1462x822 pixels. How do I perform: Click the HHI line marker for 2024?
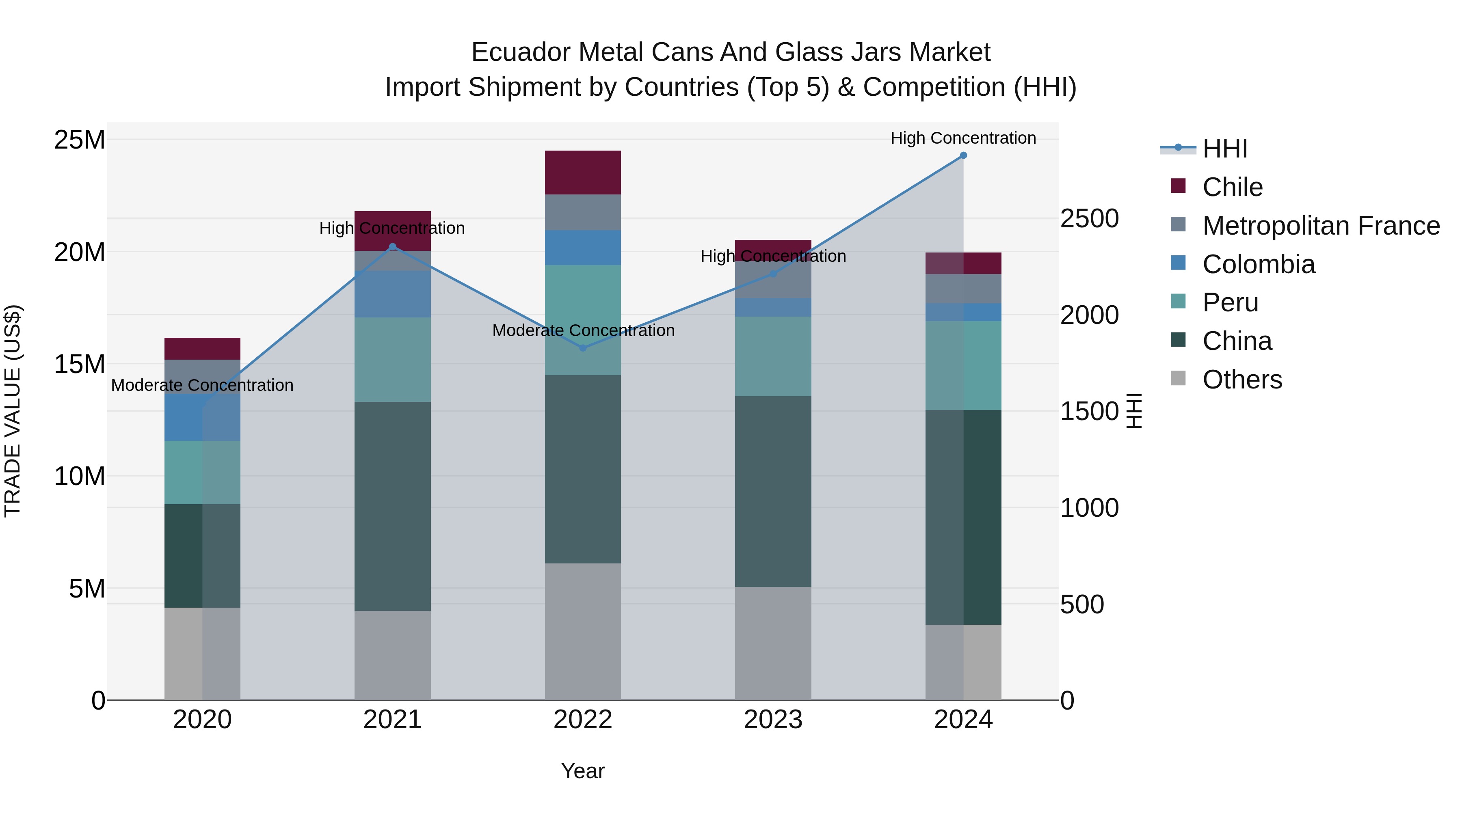pyautogui.click(x=963, y=155)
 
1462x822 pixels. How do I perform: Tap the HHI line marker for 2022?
pyautogui.click(x=583, y=348)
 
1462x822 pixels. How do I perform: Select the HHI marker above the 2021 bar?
pyautogui.click(x=392, y=247)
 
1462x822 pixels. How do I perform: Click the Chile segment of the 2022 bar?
pyautogui.click(x=583, y=173)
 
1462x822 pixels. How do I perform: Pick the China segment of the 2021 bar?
pyautogui.click(x=392, y=506)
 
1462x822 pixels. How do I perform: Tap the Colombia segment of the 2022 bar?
pyautogui.click(x=583, y=247)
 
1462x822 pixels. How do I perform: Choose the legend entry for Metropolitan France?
pyautogui.click(x=1321, y=226)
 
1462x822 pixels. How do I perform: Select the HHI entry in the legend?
pyautogui.click(x=1225, y=149)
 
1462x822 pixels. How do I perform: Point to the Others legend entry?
pyautogui.click(x=1242, y=380)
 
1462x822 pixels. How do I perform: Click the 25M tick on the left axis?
pyautogui.click(x=80, y=140)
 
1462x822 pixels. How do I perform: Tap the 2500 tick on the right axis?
pyautogui.click(x=1089, y=219)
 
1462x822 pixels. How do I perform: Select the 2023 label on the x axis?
pyautogui.click(x=773, y=720)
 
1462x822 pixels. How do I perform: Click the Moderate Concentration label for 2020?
pyautogui.click(x=202, y=385)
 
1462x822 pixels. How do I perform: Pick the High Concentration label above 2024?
pyautogui.click(x=963, y=138)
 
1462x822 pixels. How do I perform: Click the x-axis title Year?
pyautogui.click(x=583, y=771)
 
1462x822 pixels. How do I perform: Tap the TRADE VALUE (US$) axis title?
pyautogui.click(x=13, y=411)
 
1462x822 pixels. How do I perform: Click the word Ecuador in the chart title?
pyautogui.click(x=521, y=52)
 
